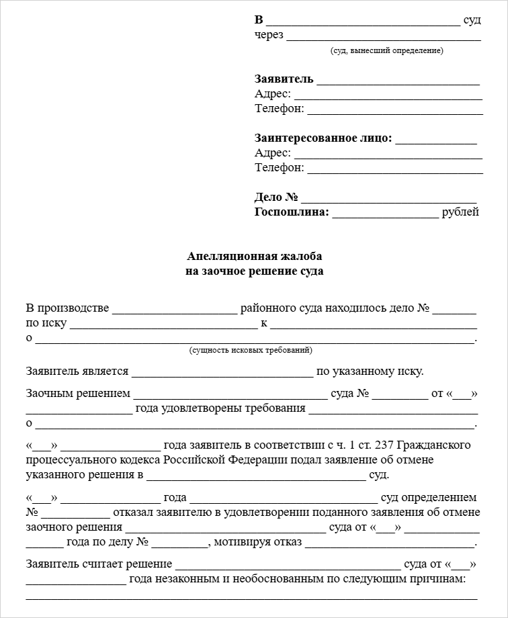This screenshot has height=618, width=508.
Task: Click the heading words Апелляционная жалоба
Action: click(x=254, y=257)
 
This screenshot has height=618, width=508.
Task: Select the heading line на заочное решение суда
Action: click(x=254, y=271)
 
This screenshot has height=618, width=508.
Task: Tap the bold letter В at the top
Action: click(x=259, y=19)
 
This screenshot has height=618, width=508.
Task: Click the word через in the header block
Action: click(x=269, y=35)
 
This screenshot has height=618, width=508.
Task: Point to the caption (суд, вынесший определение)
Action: click(x=386, y=51)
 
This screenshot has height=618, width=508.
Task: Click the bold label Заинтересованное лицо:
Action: click(x=323, y=138)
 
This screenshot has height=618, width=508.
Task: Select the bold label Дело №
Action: click(x=276, y=197)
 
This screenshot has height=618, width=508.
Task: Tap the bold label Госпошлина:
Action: click(x=292, y=212)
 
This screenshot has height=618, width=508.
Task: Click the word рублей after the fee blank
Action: click(x=460, y=212)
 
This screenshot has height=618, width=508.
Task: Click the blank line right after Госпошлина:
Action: click(x=384, y=214)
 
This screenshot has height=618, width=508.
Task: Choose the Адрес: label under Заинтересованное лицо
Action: click(x=273, y=153)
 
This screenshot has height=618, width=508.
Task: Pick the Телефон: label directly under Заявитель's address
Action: click(x=280, y=109)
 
